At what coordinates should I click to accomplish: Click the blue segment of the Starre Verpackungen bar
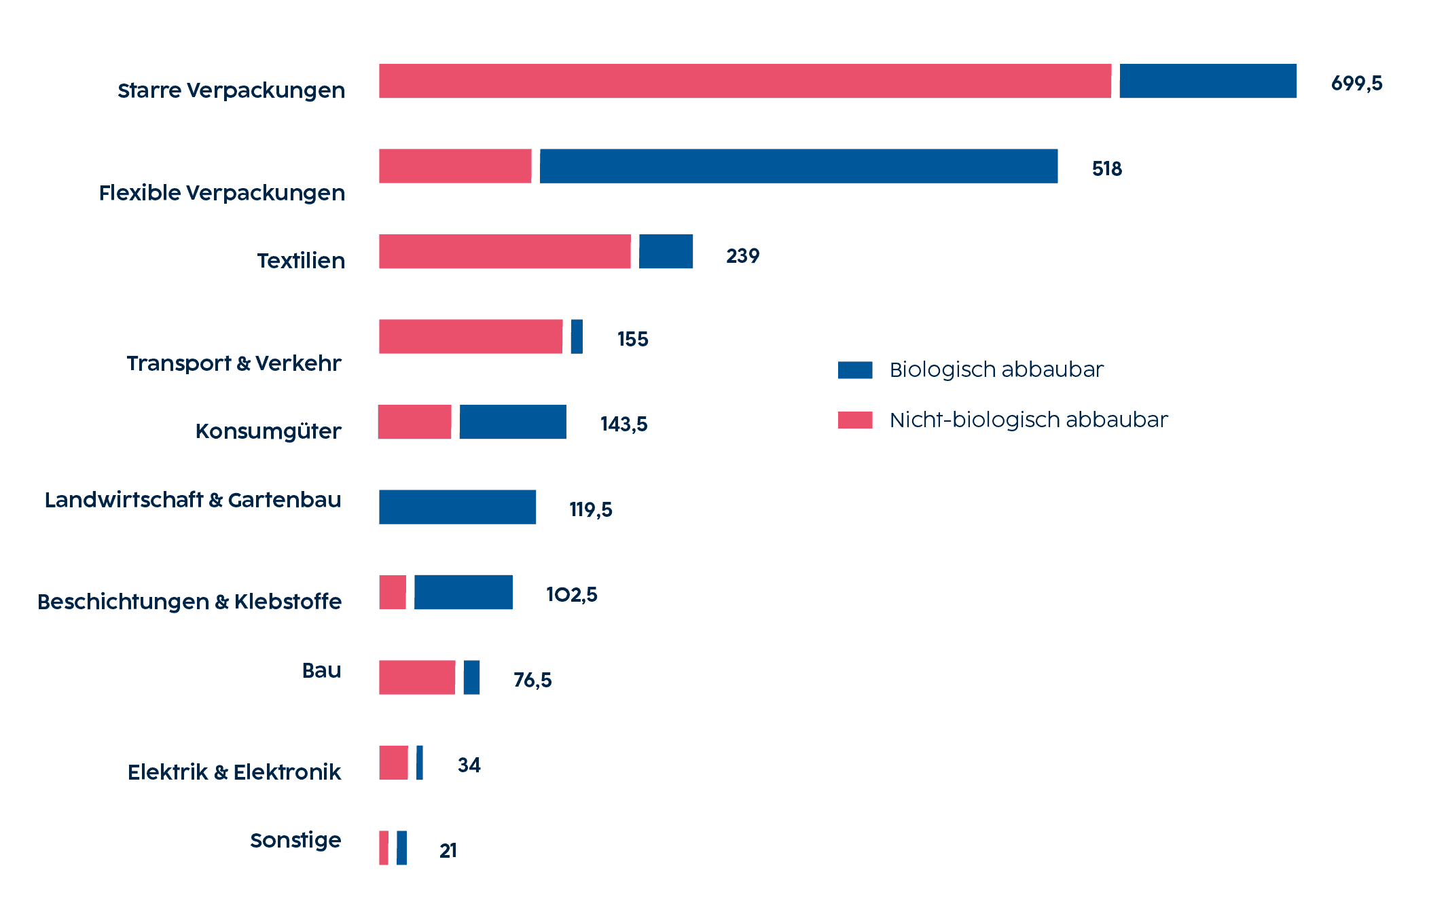1208,81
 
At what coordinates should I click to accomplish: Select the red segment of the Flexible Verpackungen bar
455,166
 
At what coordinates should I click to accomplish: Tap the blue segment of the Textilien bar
666,251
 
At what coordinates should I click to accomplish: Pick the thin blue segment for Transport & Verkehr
577,336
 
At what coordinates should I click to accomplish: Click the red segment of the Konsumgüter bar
414,422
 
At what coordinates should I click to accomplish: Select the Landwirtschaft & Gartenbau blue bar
457,507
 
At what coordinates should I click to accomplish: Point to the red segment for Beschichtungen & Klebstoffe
393,592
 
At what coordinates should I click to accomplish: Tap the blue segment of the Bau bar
471,677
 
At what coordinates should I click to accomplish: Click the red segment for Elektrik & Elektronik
393,763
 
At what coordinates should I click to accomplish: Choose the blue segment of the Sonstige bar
402,848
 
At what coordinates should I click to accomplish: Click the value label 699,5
1356,84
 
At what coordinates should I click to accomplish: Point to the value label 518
1106,168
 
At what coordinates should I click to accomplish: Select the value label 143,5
623,424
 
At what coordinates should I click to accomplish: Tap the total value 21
448,850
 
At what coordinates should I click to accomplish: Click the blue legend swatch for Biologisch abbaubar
854,369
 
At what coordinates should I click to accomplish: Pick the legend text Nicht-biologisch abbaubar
1028,420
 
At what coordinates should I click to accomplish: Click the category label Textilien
301,261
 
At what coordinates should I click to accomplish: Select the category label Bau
321,670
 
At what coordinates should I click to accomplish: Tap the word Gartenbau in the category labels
285,500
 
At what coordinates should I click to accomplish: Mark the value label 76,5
532,680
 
